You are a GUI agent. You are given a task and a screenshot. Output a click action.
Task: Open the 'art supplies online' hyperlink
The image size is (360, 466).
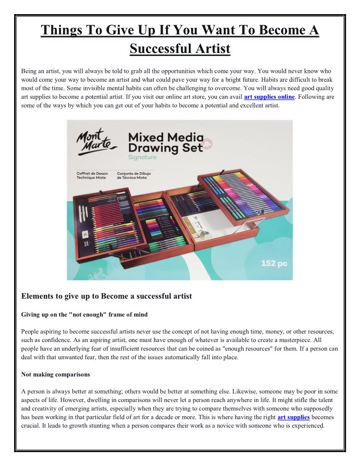tap(269, 97)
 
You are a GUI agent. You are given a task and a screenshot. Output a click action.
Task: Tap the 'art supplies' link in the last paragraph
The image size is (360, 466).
tap(293, 417)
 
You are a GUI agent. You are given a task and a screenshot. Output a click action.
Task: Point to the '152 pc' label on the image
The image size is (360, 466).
tap(274, 263)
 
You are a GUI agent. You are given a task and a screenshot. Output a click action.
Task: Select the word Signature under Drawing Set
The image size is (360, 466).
tap(142, 157)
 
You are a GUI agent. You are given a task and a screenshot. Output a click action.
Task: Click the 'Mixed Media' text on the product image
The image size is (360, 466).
tap(165, 137)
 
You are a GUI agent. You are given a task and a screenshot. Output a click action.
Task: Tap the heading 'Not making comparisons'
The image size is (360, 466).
tap(56, 374)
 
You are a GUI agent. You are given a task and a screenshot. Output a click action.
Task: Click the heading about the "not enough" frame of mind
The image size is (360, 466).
tap(84, 315)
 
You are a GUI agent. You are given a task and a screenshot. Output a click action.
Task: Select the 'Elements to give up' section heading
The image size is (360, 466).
tap(106, 296)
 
